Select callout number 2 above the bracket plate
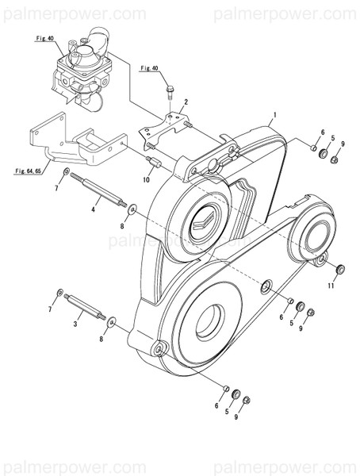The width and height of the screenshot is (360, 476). point(186,102)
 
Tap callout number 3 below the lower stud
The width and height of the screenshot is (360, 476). point(76,324)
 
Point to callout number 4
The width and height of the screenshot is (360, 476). point(93,209)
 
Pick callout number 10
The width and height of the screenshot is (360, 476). point(146,180)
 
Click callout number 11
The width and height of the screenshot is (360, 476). point(331,286)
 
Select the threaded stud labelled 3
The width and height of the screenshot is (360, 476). point(86,305)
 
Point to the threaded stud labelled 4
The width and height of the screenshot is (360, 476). point(103,194)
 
